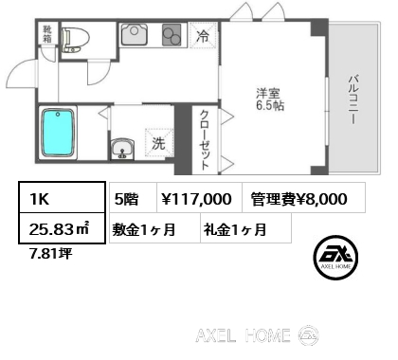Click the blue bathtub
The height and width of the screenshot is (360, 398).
click(x=58, y=133)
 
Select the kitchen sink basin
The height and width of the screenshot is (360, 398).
click(x=134, y=34)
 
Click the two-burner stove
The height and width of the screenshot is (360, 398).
click(x=172, y=35)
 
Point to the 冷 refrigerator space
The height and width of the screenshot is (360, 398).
click(x=203, y=36)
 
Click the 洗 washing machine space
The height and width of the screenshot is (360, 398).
click(x=159, y=143)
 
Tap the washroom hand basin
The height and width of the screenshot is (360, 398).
click(x=122, y=150)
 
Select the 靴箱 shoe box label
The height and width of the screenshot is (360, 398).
click(x=47, y=34)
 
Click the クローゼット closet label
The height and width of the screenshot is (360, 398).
click(x=205, y=140)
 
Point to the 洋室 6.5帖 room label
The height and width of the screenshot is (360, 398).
click(x=269, y=99)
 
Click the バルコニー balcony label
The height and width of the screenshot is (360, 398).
click(x=353, y=99)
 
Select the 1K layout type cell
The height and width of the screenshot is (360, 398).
click(x=62, y=198)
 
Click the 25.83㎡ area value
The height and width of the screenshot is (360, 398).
click(x=59, y=229)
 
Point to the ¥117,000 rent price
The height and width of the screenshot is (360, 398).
click(x=196, y=199)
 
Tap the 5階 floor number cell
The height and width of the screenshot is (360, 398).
click(x=133, y=197)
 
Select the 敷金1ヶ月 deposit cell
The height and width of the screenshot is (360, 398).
click(x=154, y=228)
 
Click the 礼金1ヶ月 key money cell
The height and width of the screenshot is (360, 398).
click(x=245, y=228)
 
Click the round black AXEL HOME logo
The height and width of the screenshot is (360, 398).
click(x=335, y=258)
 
